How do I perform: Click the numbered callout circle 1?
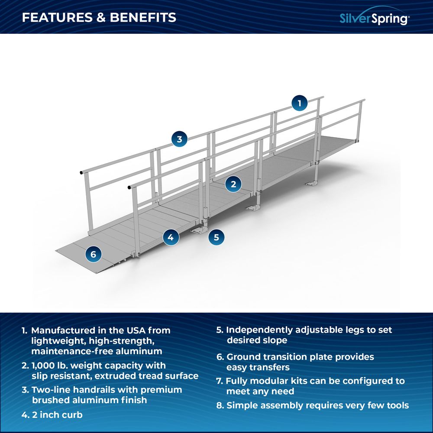[x=299, y=103]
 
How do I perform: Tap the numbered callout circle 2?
[x=233, y=184]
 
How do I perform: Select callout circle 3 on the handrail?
[x=179, y=139]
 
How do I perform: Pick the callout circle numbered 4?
[x=171, y=237]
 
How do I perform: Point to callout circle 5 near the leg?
[x=216, y=237]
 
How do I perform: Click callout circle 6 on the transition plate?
[x=94, y=254]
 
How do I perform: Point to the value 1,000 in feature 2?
[x=45, y=366]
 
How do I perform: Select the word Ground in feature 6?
[x=242, y=357]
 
